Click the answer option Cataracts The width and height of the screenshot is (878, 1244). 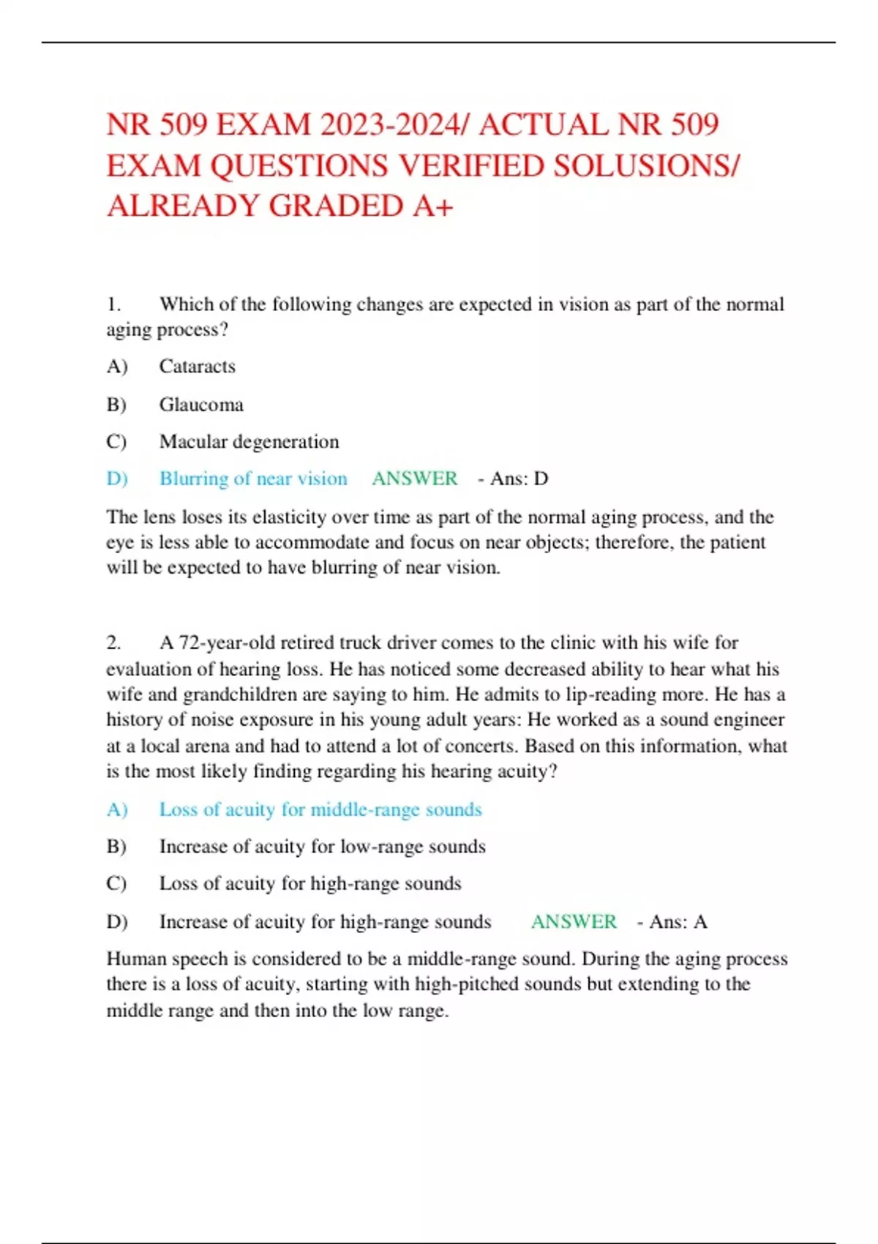click(x=198, y=366)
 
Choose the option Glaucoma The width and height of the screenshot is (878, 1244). click(x=201, y=405)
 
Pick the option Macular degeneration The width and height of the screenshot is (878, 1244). click(x=249, y=441)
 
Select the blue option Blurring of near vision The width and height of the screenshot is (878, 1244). click(x=253, y=479)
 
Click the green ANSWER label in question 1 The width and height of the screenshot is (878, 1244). click(x=414, y=479)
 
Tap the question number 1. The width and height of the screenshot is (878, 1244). click(x=113, y=304)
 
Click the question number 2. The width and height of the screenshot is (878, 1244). click(x=113, y=642)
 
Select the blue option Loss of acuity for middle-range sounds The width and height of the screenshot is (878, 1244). click(x=320, y=809)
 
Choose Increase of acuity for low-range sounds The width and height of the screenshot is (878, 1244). click(x=322, y=847)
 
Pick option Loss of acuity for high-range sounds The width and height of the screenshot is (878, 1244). click(x=310, y=883)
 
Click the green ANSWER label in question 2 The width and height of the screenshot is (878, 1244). click(x=574, y=921)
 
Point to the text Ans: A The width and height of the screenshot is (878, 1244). click(x=678, y=921)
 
